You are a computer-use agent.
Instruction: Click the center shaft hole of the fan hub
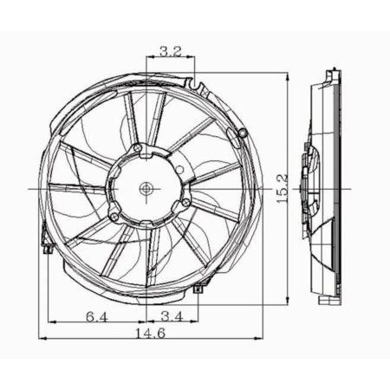pyautogui.click(x=146, y=187)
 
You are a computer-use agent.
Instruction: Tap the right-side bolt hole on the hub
pyautogui.click(x=185, y=204)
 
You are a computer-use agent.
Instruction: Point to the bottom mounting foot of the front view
pyautogui.click(x=198, y=289)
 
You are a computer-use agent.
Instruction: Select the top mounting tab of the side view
pyautogui.click(x=330, y=76)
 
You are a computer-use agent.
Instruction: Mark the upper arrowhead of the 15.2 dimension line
pyautogui.click(x=287, y=77)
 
